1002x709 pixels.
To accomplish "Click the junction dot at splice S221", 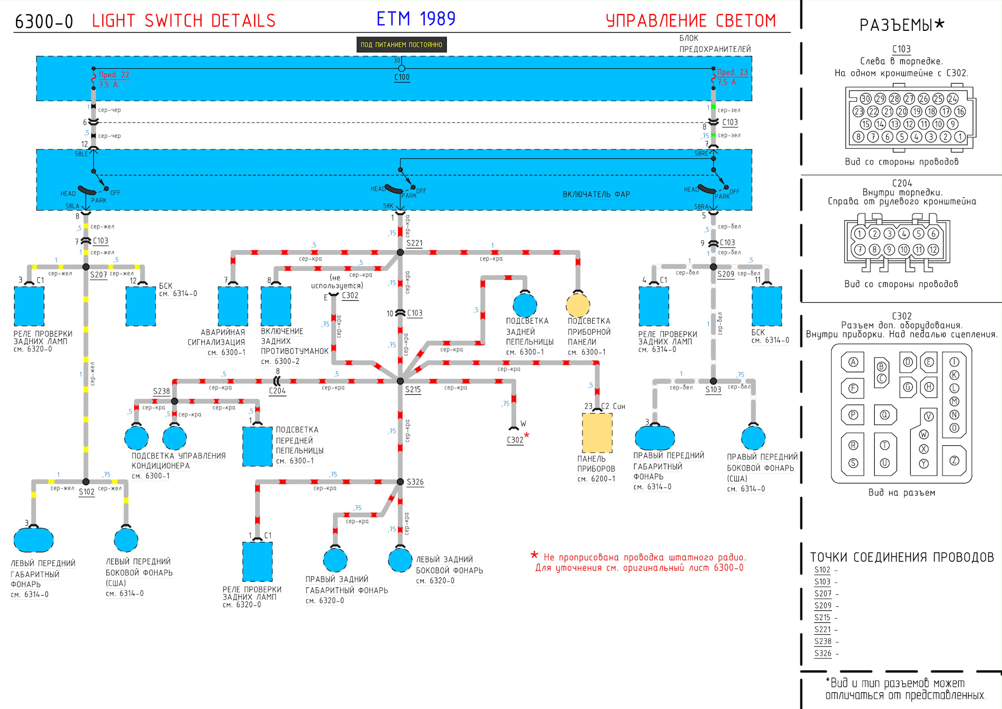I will point(400,253).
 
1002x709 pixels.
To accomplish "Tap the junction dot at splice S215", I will point(400,381).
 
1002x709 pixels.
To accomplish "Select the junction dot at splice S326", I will point(400,482).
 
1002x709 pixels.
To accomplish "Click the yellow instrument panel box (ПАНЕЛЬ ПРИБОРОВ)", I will point(597,433).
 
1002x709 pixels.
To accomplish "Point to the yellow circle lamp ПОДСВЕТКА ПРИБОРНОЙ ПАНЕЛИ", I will point(578,305).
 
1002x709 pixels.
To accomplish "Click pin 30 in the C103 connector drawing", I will point(865,99).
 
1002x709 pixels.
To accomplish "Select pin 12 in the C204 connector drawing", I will point(933,250).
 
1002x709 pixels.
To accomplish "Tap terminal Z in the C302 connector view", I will point(954,460).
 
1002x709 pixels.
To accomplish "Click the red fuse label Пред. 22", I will point(114,75).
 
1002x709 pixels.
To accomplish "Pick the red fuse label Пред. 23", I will point(732,72).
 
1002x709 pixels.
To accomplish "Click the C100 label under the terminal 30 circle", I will point(402,77).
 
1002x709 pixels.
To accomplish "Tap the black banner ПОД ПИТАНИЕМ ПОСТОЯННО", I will point(401,45).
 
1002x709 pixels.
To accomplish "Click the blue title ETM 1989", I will point(416,19).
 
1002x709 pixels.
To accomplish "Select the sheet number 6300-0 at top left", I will point(44,21).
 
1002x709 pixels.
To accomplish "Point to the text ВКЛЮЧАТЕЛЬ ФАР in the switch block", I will point(596,194).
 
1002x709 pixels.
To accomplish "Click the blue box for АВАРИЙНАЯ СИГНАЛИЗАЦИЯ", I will point(233,306).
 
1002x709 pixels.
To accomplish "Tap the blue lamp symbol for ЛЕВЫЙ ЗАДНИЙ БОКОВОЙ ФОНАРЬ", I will point(400,560).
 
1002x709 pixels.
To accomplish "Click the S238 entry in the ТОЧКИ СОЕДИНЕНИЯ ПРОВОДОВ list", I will point(822,641).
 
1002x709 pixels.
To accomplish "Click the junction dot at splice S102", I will point(86,482).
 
